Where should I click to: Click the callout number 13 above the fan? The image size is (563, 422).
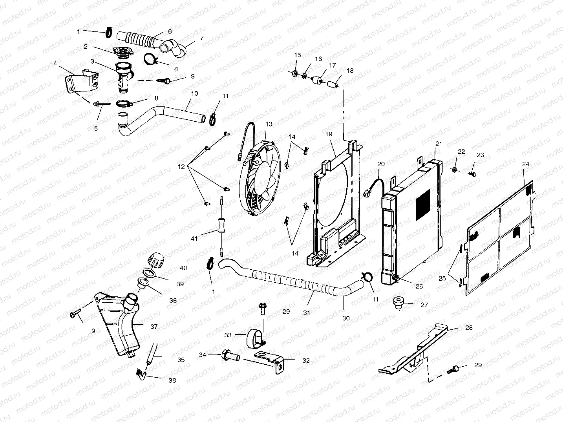tap(269, 124)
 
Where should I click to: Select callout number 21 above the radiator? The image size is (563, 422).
tap(439, 144)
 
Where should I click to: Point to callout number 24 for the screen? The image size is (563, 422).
tap(526, 164)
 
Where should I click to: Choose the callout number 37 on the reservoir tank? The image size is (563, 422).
tap(154, 326)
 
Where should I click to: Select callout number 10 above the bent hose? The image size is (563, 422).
tap(194, 94)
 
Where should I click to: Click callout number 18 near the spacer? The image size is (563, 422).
tap(350, 71)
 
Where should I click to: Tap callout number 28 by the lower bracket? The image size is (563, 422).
tap(469, 327)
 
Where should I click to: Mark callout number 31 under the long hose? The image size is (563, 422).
tap(307, 313)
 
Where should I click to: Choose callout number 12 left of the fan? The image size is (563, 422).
tap(181, 166)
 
